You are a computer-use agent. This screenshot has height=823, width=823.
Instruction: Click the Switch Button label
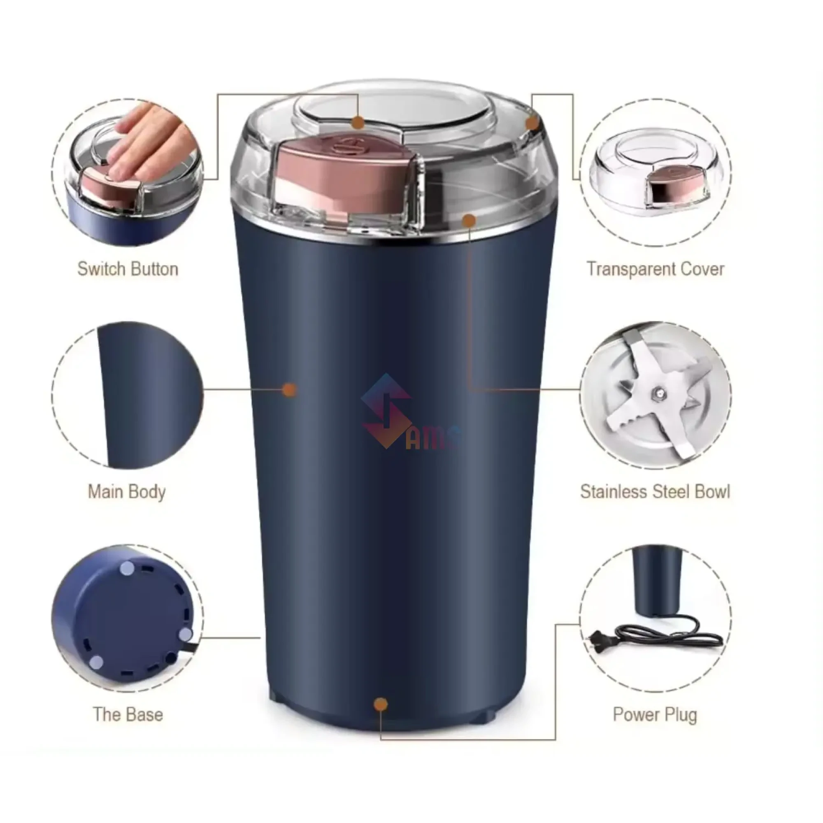tap(128, 269)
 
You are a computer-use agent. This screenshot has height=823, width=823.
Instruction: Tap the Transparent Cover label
tap(655, 269)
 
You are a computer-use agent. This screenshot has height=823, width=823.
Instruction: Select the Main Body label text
tap(126, 492)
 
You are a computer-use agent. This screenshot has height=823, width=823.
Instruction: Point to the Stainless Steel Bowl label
tap(655, 492)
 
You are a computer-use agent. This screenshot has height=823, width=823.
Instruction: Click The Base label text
tap(128, 715)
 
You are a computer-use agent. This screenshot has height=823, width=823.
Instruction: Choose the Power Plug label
tap(655, 715)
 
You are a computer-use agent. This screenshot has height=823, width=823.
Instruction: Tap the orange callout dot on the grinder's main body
tap(290, 389)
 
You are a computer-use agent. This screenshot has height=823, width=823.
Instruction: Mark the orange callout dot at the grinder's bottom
tap(380, 704)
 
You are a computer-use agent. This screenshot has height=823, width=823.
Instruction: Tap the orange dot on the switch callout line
tap(358, 123)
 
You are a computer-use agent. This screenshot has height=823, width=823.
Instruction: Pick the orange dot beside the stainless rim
tap(469, 220)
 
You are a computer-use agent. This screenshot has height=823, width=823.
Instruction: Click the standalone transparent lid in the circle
tap(655, 170)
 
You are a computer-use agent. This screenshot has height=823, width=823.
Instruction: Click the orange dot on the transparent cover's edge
tap(532, 123)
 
